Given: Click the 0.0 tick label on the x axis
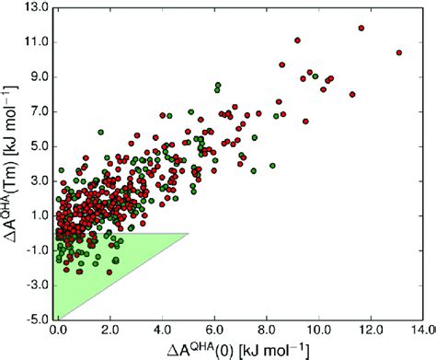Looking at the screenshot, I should tap(62, 329).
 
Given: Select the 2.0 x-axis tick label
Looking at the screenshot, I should tap(114, 329).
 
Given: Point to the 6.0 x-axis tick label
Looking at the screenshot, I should tap(218, 329).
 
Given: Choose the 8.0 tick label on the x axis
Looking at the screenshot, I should tap(270, 329).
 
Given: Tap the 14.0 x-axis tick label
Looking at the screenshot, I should tap(420, 329).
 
